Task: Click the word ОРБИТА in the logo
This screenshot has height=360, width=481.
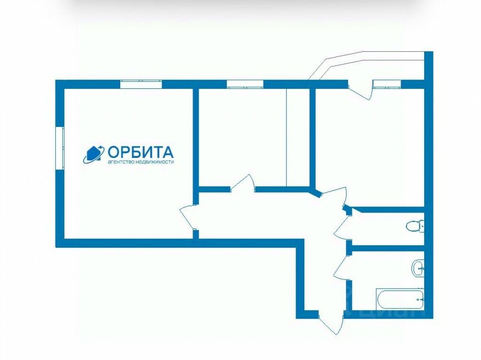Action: tap(141, 152)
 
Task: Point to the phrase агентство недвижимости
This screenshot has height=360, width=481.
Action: tap(141, 162)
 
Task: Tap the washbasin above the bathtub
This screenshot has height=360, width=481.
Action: tap(418, 269)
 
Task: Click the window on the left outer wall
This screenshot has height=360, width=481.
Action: tap(60, 147)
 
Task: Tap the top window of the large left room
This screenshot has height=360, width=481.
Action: tap(140, 84)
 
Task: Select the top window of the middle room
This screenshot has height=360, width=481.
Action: tap(244, 84)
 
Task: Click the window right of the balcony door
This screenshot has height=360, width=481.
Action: tap(387, 84)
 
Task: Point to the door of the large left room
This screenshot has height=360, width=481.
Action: tap(188, 217)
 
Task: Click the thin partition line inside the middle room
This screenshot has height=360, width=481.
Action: tap(287, 136)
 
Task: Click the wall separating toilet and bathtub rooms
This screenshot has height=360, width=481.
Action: tap(388, 247)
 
